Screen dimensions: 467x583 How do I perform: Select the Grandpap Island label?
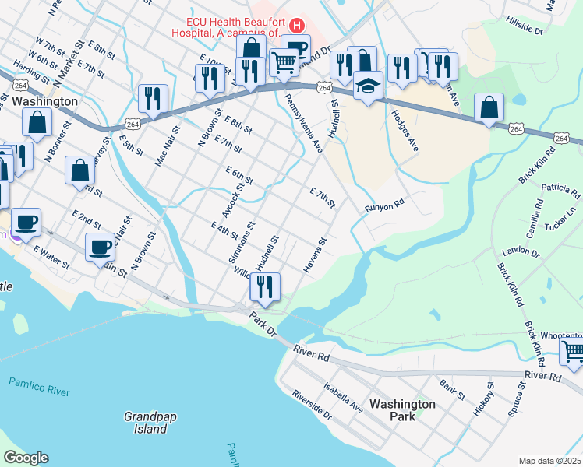pos(150,423)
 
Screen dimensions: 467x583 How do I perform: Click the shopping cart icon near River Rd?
pos(572,353)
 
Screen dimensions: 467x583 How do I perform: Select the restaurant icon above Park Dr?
pos(264,286)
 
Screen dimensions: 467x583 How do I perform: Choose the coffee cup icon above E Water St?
pos(100,247)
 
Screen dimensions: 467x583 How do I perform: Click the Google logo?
pos(25,458)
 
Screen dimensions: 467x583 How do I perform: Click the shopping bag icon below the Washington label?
pos(37,121)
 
